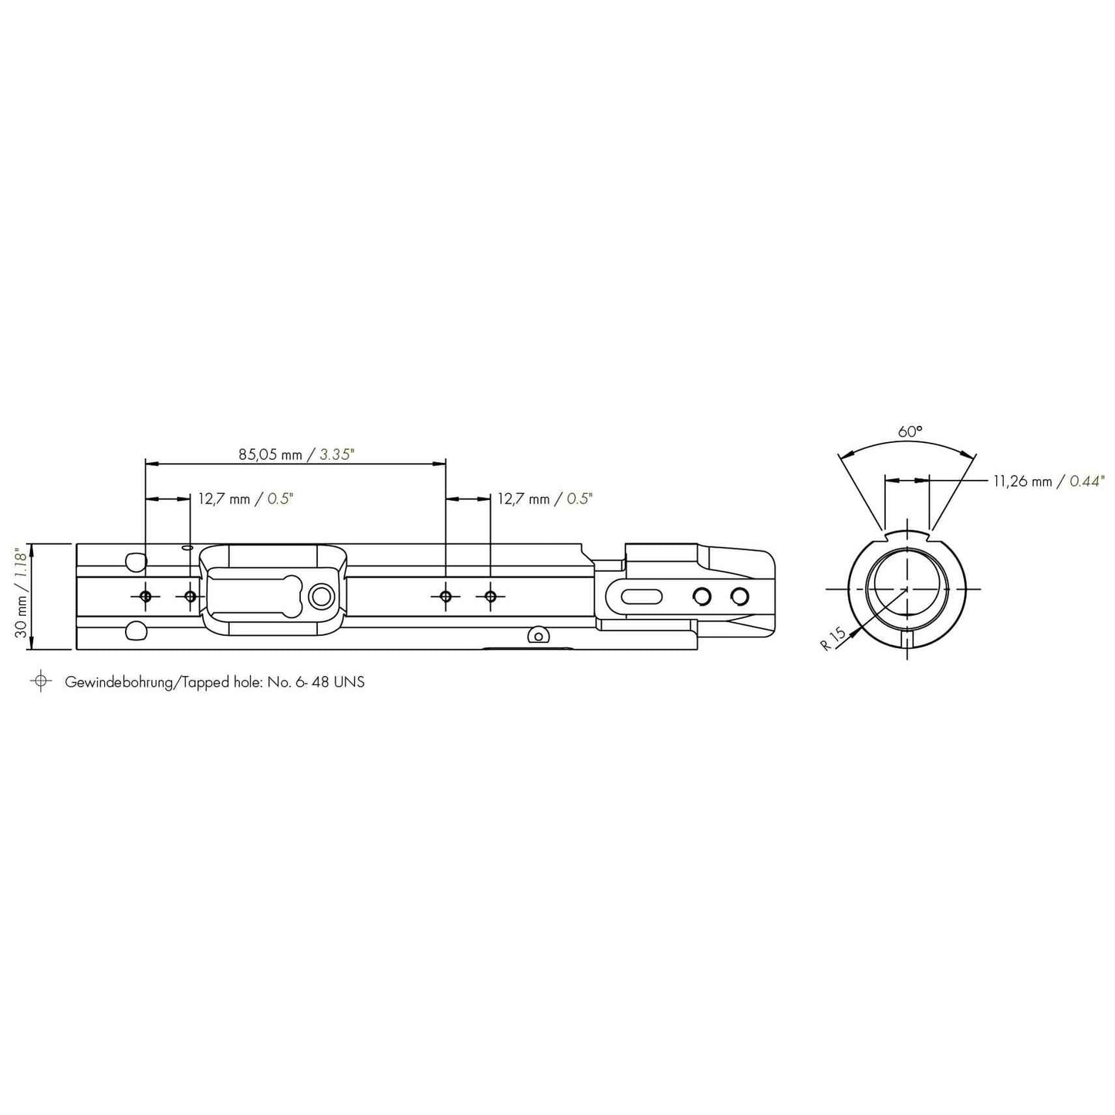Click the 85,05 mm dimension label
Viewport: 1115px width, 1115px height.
(270, 454)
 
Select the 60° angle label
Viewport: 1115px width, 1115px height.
(910, 431)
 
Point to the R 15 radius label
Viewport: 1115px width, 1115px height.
(833, 638)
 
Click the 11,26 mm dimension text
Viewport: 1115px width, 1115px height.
(1023, 481)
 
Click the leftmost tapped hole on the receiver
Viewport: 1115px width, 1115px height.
(145, 596)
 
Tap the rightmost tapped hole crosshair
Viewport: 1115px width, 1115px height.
(491, 596)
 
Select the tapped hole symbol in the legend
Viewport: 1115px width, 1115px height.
(40, 681)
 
